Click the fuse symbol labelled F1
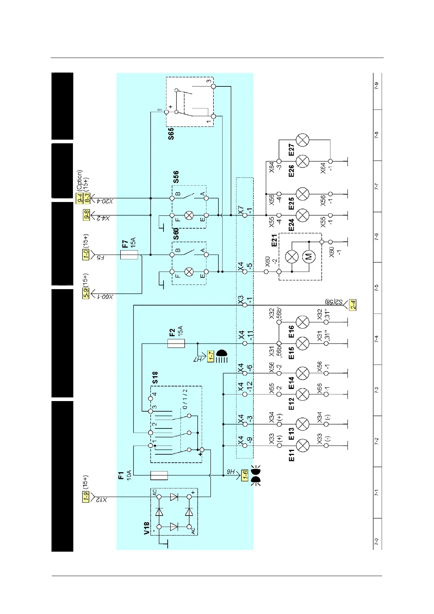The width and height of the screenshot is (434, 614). coord(159,475)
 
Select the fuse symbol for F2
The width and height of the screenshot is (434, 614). coord(176,343)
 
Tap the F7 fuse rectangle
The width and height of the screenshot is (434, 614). coord(129,255)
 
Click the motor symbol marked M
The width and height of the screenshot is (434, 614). coord(309,257)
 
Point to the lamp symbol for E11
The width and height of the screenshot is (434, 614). coord(302,446)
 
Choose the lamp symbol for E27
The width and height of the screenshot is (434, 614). coord(302,140)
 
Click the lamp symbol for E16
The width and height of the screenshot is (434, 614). coord(302,322)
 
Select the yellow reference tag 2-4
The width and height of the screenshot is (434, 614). coord(352,305)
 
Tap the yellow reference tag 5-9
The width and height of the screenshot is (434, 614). coord(86,294)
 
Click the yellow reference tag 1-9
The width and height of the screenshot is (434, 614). coord(86,497)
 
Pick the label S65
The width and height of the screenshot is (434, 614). coord(171,133)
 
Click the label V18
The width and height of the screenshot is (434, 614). coord(147,528)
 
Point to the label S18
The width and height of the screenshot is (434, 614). coord(155,378)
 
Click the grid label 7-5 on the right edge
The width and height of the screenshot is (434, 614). coord(377,288)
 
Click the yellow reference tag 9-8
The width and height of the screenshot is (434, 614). coord(86,215)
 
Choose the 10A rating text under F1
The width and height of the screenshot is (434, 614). coord(129,476)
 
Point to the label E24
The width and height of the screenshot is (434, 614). coord(291,225)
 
